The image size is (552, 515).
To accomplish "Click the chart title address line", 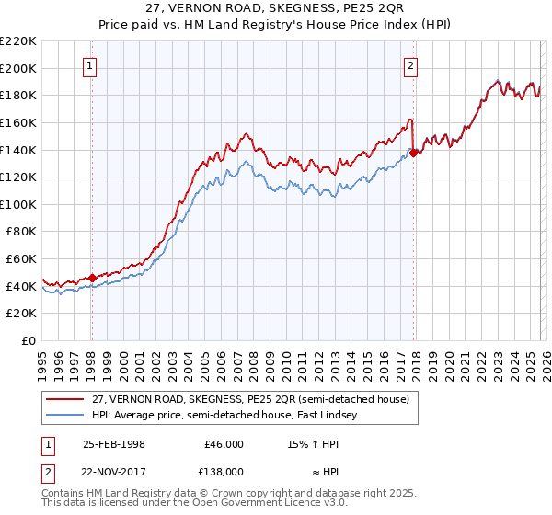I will tap(276, 9).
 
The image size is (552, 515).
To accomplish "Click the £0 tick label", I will tap(29, 340).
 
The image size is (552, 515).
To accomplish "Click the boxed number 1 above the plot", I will tap(90, 65).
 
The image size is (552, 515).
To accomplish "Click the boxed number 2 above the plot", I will tap(409, 65).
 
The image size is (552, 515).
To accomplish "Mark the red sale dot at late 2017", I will tap(413, 153).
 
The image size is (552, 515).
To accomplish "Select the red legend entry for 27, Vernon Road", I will tap(230, 398).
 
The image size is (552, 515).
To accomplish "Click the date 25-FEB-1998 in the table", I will tap(114, 444).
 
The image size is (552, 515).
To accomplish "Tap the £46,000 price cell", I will tap(224, 444).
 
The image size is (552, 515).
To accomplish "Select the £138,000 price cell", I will tap(224, 471).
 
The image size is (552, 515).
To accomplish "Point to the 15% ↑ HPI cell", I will tap(314, 444).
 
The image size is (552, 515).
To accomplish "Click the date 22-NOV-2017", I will tap(114, 471).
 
